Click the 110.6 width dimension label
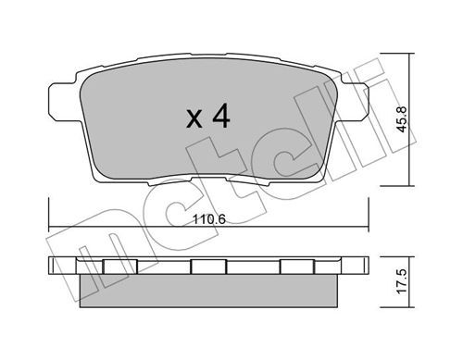(x=209, y=219)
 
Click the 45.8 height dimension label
(x=402, y=119)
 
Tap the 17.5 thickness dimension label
(x=402, y=282)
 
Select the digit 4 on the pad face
(x=221, y=116)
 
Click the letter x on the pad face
(x=194, y=119)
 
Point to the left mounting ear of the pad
(x=62, y=103)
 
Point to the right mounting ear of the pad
(x=355, y=103)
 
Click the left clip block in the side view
(x=120, y=267)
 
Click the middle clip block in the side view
(x=208, y=267)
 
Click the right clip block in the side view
(x=297, y=267)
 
